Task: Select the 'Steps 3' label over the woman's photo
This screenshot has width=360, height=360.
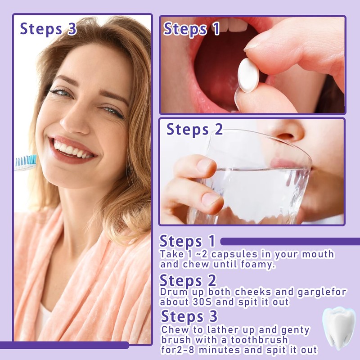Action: point(49,28)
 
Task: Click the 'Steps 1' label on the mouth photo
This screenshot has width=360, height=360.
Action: point(192,29)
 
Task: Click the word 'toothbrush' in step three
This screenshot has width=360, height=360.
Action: point(258,340)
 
